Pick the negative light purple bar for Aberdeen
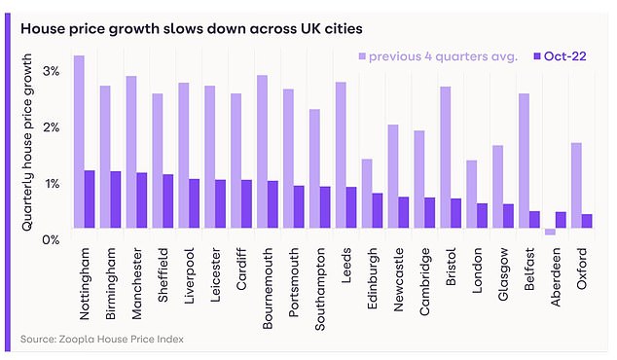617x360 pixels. pos(550,232)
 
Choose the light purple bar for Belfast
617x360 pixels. pos(524,161)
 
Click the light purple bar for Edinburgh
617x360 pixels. pos(366,194)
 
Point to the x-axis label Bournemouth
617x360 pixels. pos(269,283)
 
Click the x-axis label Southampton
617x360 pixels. pos(321,283)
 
